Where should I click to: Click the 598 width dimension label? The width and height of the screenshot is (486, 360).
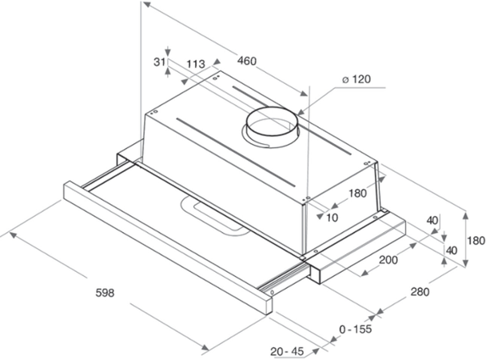(103, 293)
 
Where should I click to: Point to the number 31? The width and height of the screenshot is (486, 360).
(159, 62)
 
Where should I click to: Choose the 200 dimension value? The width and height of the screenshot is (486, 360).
(388, 262)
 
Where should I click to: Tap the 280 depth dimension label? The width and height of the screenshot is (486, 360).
(417, 294)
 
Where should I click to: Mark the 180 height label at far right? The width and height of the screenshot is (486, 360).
(476, 241)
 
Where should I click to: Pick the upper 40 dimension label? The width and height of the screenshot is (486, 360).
(432, 221)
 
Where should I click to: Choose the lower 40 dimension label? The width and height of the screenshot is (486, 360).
(452, 250)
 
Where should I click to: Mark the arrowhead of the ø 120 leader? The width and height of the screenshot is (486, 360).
(301, 113)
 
